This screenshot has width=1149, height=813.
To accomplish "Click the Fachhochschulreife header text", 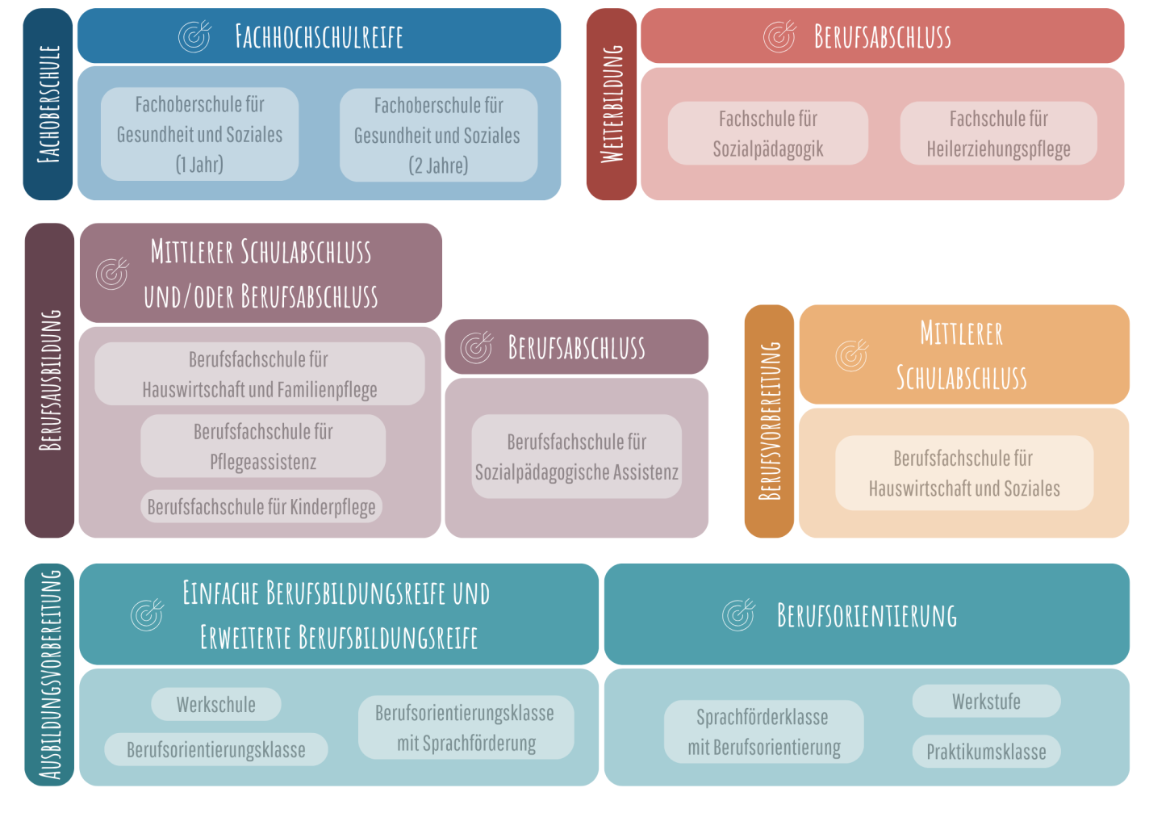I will (x=319, y=36).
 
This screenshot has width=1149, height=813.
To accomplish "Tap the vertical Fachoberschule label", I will (x=48, y=104).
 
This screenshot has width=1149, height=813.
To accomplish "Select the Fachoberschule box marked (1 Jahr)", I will (x=199, y=134).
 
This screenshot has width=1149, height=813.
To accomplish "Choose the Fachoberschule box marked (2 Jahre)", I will (x=438, y=135).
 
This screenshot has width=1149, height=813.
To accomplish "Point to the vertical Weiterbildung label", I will (x=612, y=104).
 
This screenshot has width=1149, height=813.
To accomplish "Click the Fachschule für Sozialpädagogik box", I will (x=767, y=133).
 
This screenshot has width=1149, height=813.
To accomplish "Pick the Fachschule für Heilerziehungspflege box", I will (x=998, y=133).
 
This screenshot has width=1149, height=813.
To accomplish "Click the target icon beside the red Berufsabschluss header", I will (x=779, y=36).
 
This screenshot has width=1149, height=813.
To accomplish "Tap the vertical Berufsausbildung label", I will (x=50, y=380).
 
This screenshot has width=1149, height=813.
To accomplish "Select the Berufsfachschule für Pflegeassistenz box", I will (x=263, y=446).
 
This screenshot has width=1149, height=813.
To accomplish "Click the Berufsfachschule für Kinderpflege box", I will (x=261, y=507).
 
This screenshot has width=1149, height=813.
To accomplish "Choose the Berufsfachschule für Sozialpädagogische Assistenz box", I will (x=576, y=457).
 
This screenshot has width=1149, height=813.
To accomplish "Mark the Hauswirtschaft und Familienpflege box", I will (x=260, y=374).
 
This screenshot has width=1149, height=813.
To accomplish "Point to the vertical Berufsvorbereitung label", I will (x=769, y=421).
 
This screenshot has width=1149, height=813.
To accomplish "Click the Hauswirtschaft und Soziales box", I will (x=964, y=473).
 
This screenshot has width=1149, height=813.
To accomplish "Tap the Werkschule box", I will (x=216, y=704).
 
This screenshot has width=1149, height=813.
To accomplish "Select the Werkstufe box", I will (x=986, y=701).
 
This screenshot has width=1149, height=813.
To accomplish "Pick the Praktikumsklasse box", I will (x=986, y=752).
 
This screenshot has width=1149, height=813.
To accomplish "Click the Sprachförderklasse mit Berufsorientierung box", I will (x=763, y=731).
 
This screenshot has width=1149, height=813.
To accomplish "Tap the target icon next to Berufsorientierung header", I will (x=738, y=615).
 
